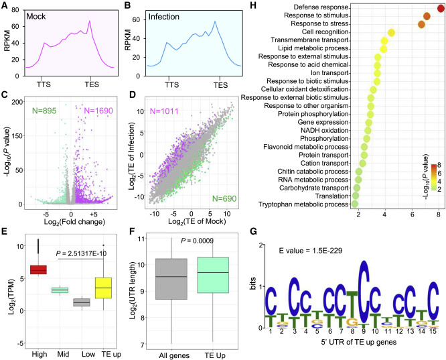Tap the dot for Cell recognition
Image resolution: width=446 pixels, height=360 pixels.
point(392,32)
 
